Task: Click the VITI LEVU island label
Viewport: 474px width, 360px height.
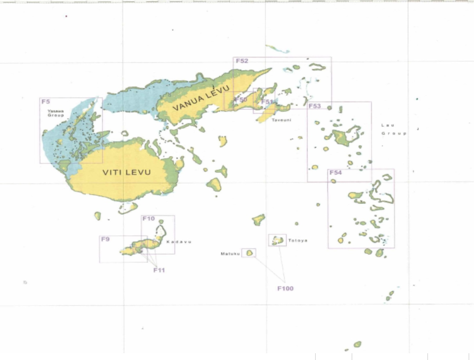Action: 126,172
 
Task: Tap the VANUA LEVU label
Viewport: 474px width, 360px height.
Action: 201,98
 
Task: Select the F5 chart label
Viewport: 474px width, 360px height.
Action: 46,102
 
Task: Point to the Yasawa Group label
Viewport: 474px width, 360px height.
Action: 55,113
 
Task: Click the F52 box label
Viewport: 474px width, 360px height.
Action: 242,61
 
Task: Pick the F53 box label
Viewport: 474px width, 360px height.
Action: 314,106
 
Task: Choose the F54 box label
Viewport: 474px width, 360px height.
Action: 335,173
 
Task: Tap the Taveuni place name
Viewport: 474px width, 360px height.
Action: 281,120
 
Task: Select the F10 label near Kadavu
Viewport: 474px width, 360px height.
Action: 148,219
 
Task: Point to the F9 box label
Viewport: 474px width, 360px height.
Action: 105,239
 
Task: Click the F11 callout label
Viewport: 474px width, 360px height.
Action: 159,270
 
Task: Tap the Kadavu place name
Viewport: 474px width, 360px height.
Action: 179,242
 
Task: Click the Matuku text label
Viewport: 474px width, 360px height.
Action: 230,253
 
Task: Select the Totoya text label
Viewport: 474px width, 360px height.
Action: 298,240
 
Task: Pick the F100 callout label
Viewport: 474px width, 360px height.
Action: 285,288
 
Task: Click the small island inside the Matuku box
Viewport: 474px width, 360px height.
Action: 250,253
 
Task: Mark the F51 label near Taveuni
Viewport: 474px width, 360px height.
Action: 267,102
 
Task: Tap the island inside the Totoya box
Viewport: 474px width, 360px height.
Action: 278,240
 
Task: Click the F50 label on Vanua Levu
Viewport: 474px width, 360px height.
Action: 241,99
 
